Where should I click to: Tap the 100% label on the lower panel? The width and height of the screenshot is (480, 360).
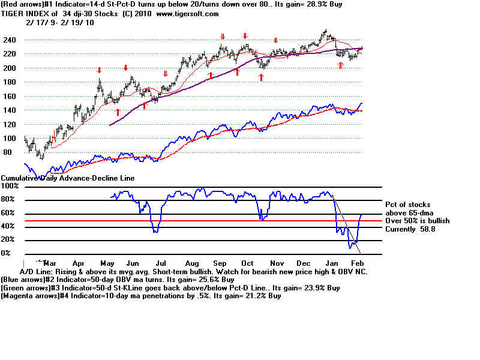pos(11,186)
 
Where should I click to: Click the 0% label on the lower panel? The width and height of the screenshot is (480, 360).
pos(6,253)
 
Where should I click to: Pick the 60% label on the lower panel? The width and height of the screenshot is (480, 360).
pos(8,213)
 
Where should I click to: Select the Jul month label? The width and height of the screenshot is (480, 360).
pos(161,263)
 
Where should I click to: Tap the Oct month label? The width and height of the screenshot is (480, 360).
pos(247,263)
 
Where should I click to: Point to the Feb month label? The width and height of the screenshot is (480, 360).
pos(356,263)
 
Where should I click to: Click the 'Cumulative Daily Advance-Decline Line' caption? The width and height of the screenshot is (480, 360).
pos(68,178)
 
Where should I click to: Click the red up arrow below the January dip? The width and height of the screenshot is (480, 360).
pos(341,65)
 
